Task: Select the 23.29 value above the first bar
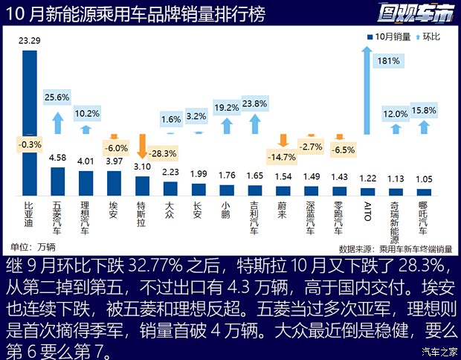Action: click(x=30, y=42)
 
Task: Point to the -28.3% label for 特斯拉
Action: click(x=162, y=153)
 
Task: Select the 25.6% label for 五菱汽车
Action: click(x=57, y=97)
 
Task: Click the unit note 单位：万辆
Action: click(x=33, y=246)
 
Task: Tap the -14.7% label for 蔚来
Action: click(x=280, y=156)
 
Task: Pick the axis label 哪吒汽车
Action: click(x=424, y=216)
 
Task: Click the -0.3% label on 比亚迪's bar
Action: click(x=30, y=144)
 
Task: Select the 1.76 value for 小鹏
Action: click(x=227, y=176)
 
